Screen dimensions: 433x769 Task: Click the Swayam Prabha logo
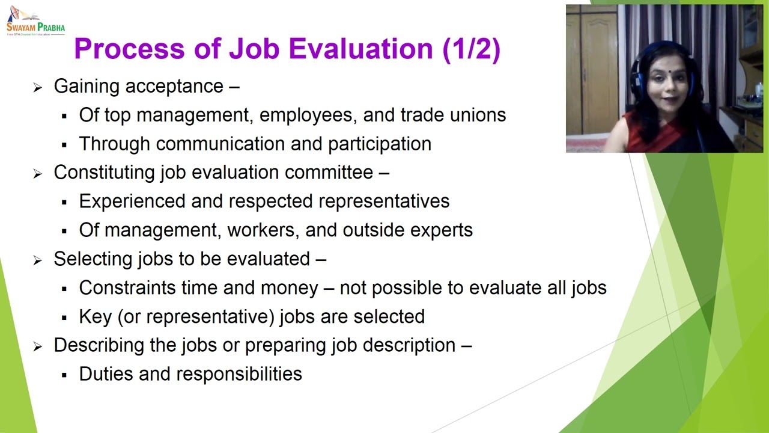[x=35, y=22]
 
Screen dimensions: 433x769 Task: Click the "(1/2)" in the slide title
[x=471, y=49]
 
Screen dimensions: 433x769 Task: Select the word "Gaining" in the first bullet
[x=87, y=86]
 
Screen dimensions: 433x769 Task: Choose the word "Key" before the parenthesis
[x=96, y=316]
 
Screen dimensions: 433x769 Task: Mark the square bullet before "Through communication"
[x=64, y=145]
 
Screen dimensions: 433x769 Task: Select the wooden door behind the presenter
[x=592, y=72]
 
